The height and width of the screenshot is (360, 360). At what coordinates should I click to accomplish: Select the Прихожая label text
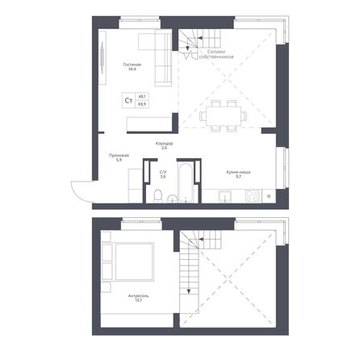click(x=119, y=158)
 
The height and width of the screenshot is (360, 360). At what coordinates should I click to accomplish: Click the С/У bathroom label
click(x=162, y=173)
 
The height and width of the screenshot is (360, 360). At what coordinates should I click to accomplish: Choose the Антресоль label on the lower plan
click(x=137, y=298)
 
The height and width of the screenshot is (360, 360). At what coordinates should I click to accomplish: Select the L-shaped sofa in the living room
click(x=159, y=61)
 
